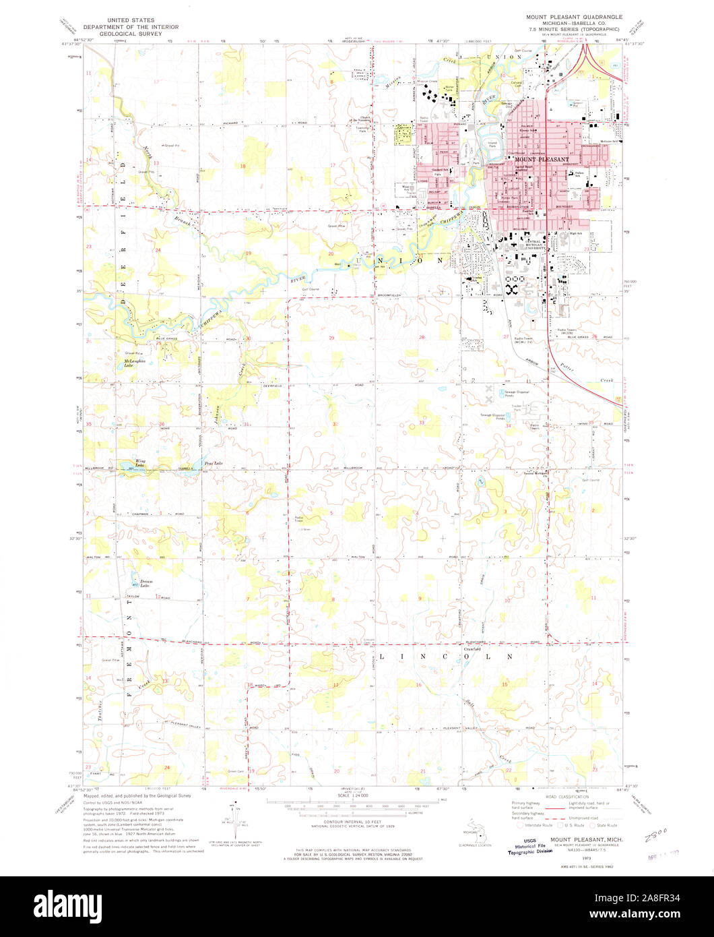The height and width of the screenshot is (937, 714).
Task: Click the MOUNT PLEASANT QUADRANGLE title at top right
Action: (x=574, y=16)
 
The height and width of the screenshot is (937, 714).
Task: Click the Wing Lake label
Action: (x=140, y=463)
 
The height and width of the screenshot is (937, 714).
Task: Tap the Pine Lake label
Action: (x=214, y=464)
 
